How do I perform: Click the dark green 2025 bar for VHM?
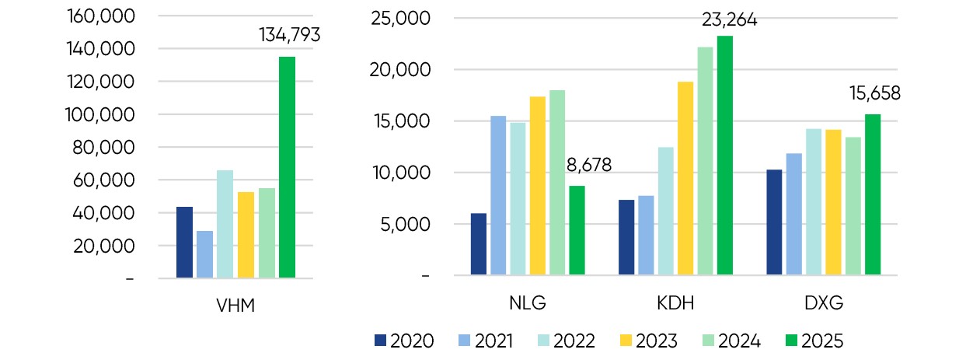point(287,167)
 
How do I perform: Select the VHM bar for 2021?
point(204,254)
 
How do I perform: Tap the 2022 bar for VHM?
point(225,224)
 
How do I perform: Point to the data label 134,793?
point(289,34)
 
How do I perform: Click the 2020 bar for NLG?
point(479,244)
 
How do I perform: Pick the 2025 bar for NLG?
point(577,230)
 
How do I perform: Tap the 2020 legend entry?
point(404,341)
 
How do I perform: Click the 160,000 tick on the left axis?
point(102,16)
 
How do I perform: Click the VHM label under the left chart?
point(235,304)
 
